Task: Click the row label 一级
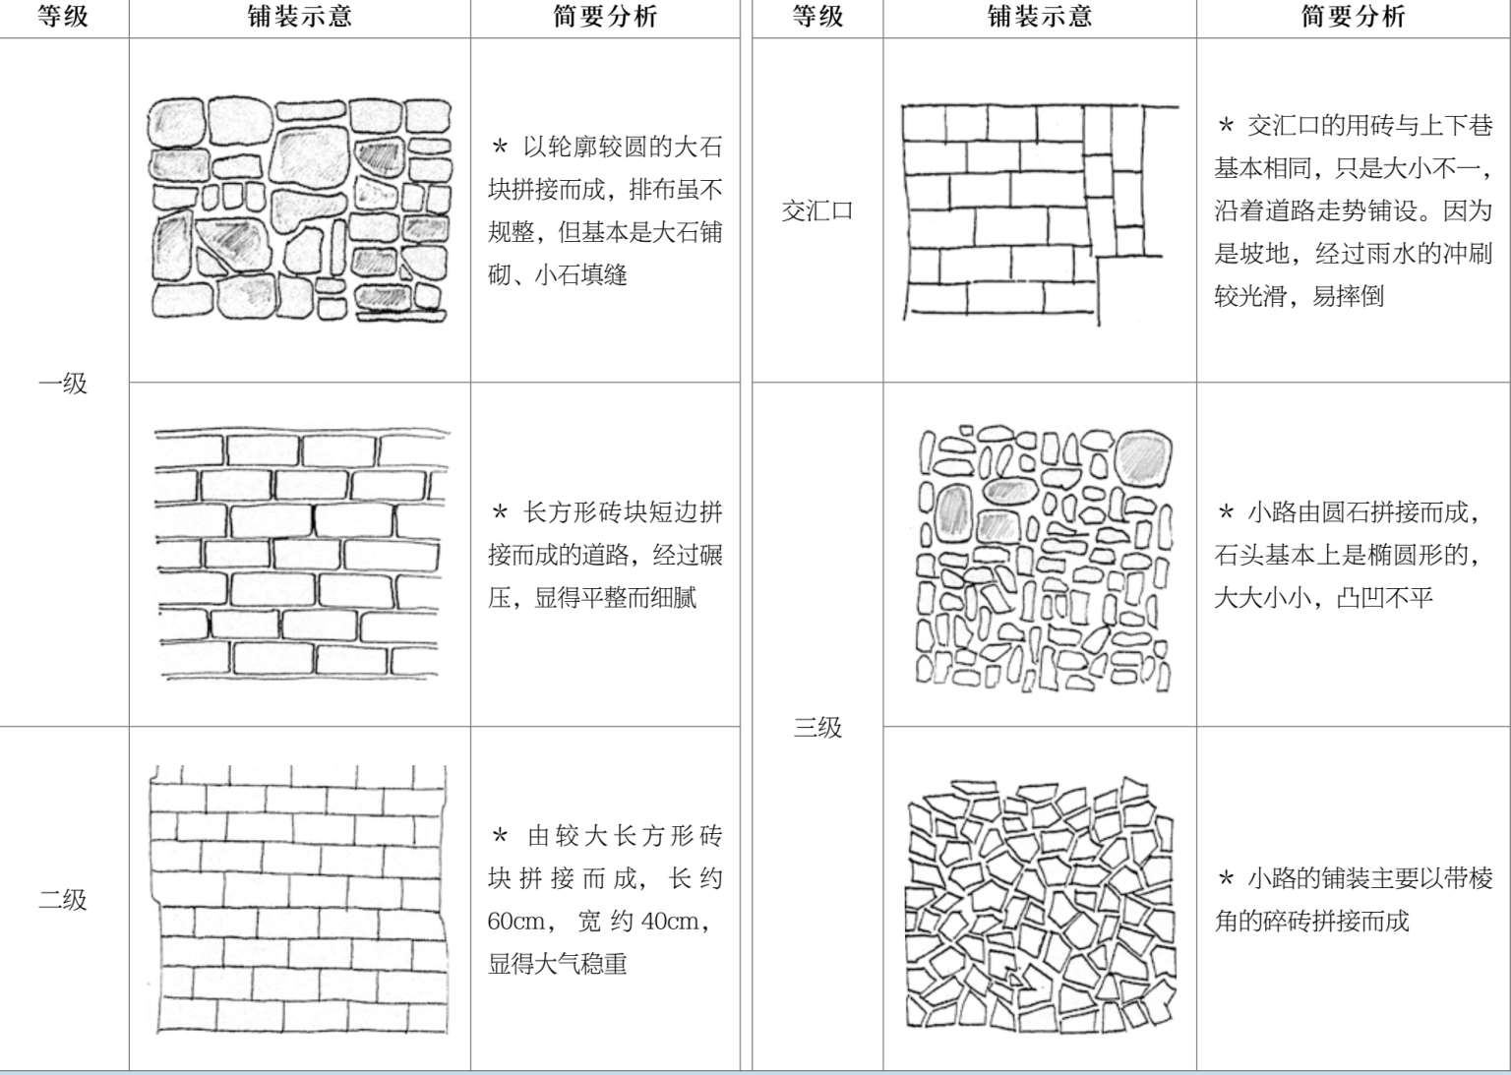pyautogui.click(x=63, y=383)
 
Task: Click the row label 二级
pyautogui.click(x=63, y=899)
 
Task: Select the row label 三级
pyautogui.click(x=817, y=727)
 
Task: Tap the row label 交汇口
pyautogui.click(x=817, y=210)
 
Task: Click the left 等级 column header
pyautogui.click(x=63, y=17)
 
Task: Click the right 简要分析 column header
pyautogui.click(x=1353, y=17)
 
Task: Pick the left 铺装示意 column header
pyautogui.click(x=299, y=17)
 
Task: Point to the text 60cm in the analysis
pyautogui.click(x=516, y=922)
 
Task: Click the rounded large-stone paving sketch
pyautogui.click(x=300, y=209)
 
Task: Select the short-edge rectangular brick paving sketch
pyautogui.click(x=300, y=554)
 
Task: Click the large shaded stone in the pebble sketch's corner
pyautogui.click(x=1143, y=457)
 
